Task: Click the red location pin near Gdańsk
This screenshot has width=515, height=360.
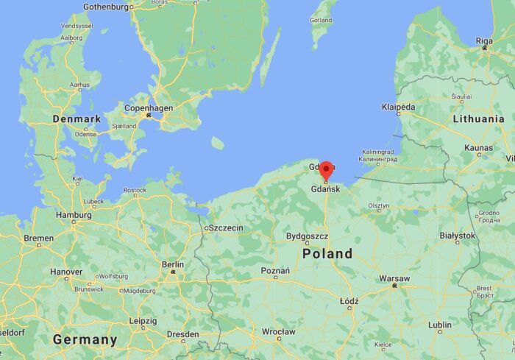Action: pos(326,169)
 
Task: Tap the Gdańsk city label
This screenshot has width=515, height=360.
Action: pos(327,189)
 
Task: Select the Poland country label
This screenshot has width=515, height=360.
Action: pos(327,253)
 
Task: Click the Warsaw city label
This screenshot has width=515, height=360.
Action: pos(394,278)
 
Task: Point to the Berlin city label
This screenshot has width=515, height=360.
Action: pos(172,264)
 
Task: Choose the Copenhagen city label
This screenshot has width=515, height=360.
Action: pos(149,108)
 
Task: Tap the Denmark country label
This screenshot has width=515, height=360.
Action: pos(77,119)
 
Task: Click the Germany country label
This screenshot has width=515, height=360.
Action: pos(85,339)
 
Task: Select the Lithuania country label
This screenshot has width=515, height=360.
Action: pos(478,119)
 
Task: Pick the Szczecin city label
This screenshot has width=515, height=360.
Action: pos(226,228)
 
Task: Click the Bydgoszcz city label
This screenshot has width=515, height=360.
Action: pos(307,237)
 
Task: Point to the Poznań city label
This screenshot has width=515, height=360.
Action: pos(275,270)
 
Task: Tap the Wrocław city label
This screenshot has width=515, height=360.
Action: pos(279,332)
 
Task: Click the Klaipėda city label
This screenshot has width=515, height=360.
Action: pos(398,107)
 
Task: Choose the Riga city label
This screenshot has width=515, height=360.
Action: pos(485,40)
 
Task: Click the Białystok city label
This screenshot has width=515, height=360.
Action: pos(457,236)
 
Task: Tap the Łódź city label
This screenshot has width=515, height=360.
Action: pos(349,301)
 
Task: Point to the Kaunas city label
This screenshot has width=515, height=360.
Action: pos(479,148)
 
